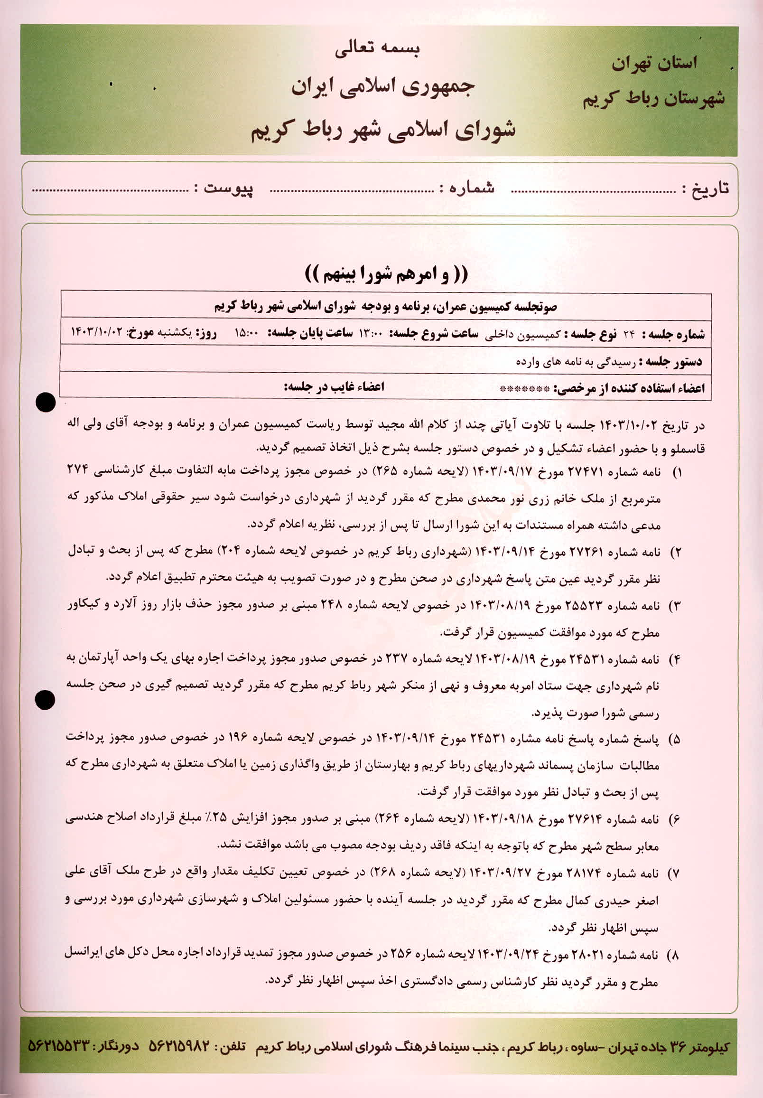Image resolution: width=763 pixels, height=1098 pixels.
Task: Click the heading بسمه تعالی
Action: (x=377, y=51)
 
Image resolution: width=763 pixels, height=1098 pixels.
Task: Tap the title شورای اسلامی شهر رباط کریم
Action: (x=383, y=130)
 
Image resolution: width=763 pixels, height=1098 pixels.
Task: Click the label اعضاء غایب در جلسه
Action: (x=334, y=386)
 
